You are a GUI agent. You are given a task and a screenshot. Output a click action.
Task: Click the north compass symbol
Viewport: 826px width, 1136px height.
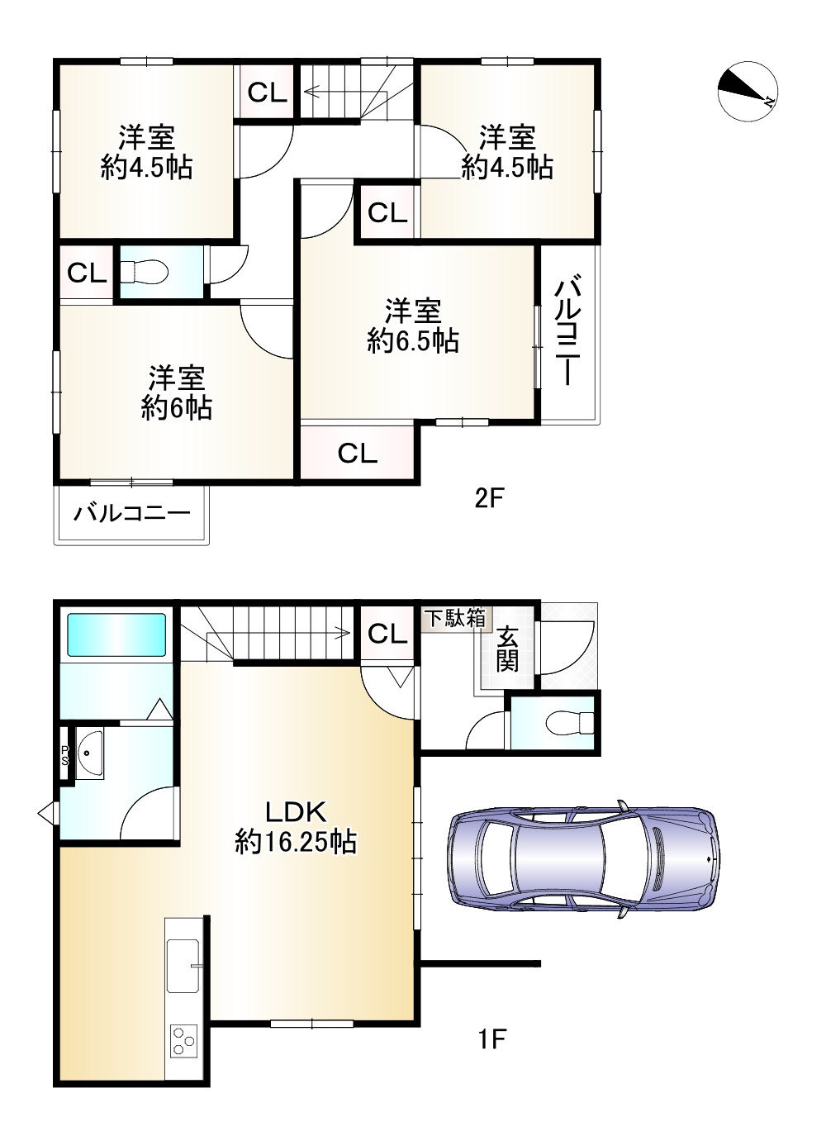(747, 91)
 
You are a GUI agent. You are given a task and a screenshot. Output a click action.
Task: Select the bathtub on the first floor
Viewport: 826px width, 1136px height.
(116, 634)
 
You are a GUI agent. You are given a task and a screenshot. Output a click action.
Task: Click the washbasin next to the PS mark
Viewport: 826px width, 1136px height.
(88, 753)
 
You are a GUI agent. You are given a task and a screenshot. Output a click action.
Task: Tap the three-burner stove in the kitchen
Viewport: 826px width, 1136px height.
(183, 1039)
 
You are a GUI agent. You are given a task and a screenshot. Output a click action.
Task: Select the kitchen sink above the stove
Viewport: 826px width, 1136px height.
(183, 965)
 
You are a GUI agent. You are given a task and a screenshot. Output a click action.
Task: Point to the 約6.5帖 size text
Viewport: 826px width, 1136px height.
(413, 340)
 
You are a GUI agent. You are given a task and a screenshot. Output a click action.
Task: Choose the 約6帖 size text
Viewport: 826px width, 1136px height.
(176, 407)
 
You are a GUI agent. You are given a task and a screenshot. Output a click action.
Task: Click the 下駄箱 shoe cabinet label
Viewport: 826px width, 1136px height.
(455, 618)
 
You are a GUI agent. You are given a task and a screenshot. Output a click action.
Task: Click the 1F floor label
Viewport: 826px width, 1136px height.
(490, 1039)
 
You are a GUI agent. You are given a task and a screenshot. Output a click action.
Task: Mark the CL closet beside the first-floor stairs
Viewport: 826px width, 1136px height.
(387, 634)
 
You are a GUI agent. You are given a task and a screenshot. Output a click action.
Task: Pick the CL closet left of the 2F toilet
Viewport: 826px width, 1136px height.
(87, 273)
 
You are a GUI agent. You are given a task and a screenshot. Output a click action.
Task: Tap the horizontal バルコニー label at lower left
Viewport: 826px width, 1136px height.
(132, 514)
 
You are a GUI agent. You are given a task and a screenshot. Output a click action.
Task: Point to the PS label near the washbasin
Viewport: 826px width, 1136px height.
(64, 756)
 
